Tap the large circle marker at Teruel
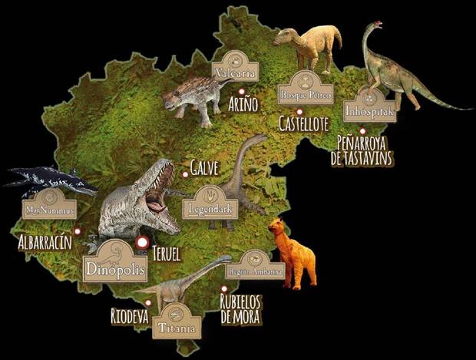(141, 243)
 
